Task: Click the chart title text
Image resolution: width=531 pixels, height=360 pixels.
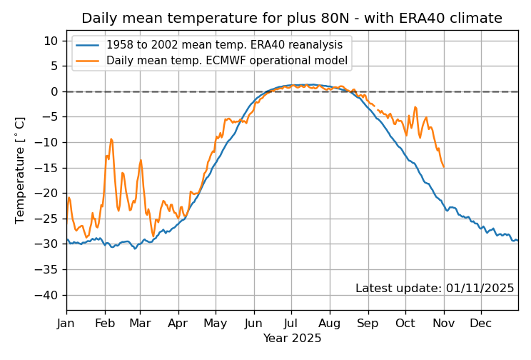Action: click(x=292, y=19)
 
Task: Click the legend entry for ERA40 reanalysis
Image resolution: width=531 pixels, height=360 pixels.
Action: click(x=226, y=44)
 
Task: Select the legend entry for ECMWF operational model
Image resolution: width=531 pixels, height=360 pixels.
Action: click(x=226, y=61)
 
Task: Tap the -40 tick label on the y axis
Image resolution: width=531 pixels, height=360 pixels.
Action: click(x=49, y=295)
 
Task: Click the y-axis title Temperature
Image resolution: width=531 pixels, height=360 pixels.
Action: click(x=20, y=170)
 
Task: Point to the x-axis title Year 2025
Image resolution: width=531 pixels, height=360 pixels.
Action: click(x=292, y=338)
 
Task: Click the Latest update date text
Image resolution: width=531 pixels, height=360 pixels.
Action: click(x=435, y=289)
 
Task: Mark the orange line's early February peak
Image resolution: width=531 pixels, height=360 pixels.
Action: click(x=111, y=139)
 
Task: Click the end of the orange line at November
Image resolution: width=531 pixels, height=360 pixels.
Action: click(x=444, y=167)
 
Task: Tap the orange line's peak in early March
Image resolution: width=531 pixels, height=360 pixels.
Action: click(x=141, y=160)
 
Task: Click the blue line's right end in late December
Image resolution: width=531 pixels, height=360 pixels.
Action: click(x=517, y=240)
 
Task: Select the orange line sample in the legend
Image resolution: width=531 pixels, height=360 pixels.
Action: click(x=88, y=61)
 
